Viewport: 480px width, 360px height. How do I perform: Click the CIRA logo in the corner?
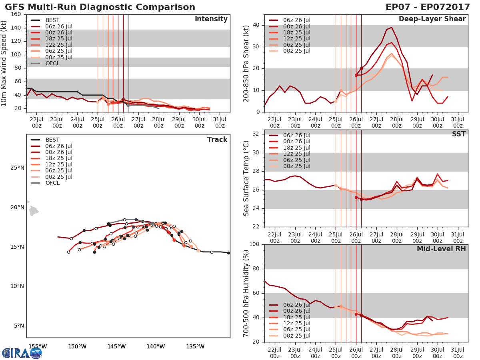click(22, 352)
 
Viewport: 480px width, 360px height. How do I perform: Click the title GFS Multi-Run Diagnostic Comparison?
click(100, 7)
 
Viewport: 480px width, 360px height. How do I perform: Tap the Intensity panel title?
click(211, 19)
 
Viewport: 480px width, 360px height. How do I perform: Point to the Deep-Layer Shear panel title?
click(432, 19)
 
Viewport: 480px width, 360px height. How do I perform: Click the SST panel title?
click(458, 134)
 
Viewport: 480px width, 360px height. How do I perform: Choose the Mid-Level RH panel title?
click(441, 249)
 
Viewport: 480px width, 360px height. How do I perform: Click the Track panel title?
click(217, 140)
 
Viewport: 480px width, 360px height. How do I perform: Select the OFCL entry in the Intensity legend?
click(52, 63)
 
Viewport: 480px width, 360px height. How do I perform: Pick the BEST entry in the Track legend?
click(52, 140)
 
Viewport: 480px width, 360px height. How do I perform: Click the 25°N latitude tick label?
click(17, 168)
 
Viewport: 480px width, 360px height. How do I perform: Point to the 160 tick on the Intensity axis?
click(16, 14)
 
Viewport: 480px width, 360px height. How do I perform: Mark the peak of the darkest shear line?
click(391, 28)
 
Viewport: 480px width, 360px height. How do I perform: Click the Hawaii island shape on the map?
click(34, 211)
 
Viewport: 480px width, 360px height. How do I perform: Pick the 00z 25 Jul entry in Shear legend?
click(296, 51)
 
